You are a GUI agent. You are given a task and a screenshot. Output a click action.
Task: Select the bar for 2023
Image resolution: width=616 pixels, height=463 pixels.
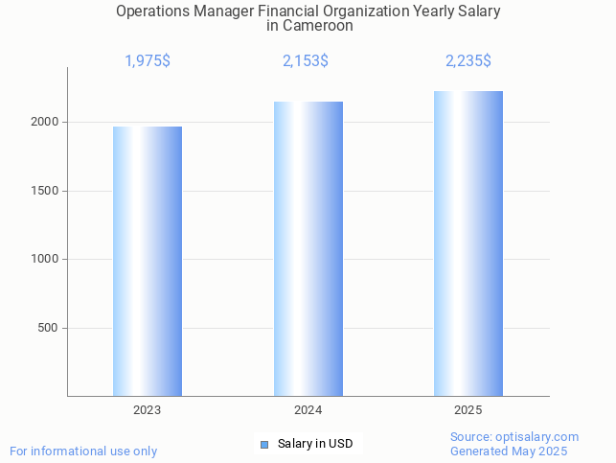pyautogui.click(x=148, y=261)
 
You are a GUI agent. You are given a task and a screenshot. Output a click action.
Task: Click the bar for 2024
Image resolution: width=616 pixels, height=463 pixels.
pyautogui.click(x=308, y=249)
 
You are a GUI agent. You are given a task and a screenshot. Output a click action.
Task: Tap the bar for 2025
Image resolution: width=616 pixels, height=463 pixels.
pyautogui.click(x=468, y=243)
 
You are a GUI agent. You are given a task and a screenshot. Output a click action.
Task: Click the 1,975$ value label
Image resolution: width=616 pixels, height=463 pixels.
pyautogui.click(x=148, y=61)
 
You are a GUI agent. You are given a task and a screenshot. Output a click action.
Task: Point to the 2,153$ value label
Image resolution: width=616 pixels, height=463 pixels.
pyautogui.click(x=306, y=61)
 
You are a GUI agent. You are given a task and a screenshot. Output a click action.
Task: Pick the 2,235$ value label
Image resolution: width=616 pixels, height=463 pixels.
pyautogui.click(x=468, y=61)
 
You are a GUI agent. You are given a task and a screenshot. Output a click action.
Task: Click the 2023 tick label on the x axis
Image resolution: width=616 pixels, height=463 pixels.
pyautogui.click(x=148, y=410)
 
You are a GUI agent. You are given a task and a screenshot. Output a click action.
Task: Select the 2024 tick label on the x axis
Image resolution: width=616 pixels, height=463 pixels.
pyautogui.click(x=308, y=410)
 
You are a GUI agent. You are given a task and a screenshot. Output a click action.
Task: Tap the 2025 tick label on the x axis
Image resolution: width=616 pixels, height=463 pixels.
pyautogui.click(x=468, y=410)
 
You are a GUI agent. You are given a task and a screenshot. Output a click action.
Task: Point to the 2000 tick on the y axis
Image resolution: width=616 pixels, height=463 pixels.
pyautogui.click(x=46, y=122)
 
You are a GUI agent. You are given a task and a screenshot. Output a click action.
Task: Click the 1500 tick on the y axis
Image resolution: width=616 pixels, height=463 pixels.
pyautogui.click(x=46, y=191)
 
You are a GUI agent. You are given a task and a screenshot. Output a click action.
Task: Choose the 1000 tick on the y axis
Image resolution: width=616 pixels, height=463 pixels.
pyautogui.click(x=46, y=259)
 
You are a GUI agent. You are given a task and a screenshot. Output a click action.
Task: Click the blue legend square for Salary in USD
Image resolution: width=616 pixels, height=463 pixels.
pyautogui.click(x=265, y=444)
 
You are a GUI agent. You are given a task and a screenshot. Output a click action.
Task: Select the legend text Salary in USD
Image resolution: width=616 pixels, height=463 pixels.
pyautogui.click(x=315, y=444)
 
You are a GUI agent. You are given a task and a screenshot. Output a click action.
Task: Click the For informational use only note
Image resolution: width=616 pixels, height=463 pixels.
pyautogui.click(x=83, y=451)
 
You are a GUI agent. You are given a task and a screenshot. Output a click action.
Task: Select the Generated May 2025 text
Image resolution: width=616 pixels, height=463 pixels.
pyautogui.click(x=509, y=451)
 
